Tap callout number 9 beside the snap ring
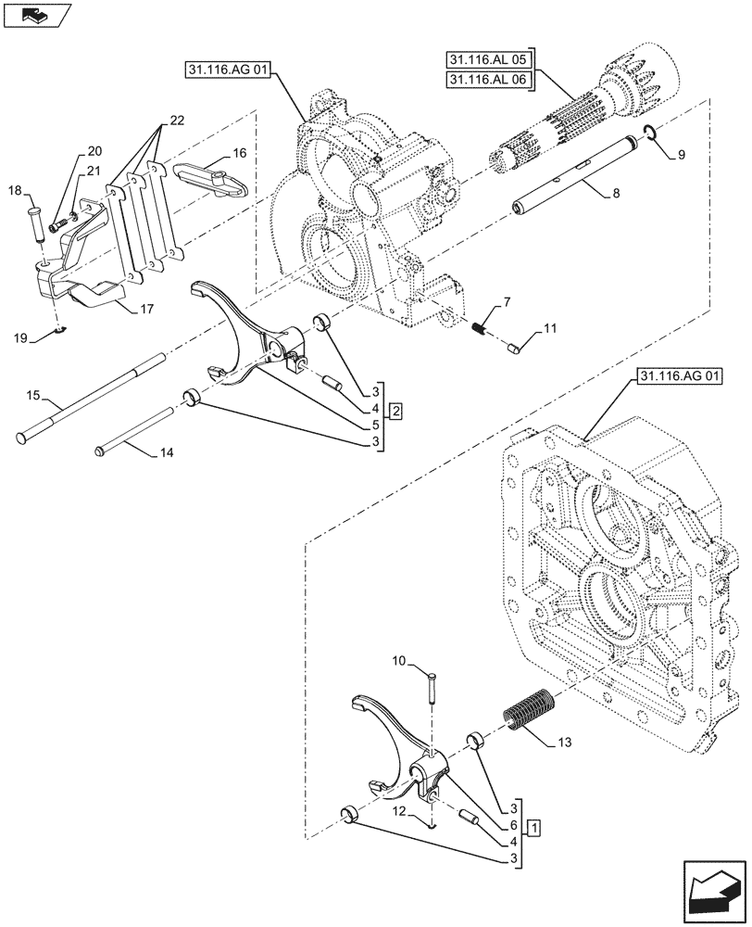tap(681, 155)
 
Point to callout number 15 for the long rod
tap(33, 396)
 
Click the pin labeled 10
tap(433, 692)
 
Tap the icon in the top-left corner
tap(34, 14)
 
